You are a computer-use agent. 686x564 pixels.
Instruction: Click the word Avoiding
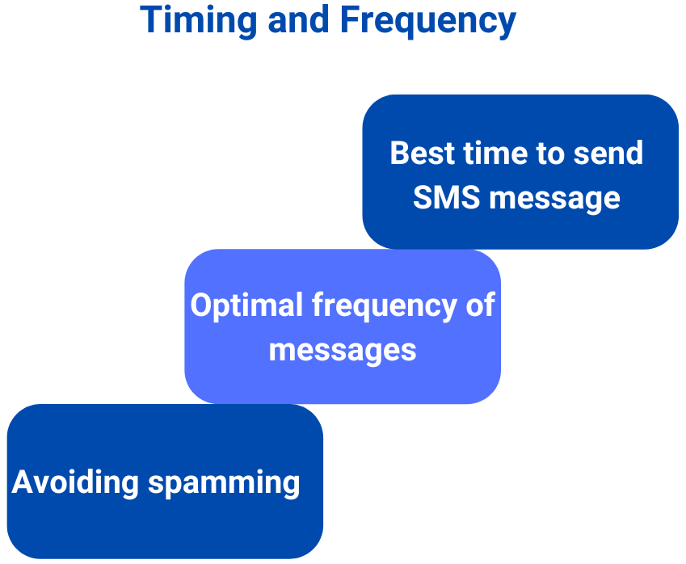coord(75,483)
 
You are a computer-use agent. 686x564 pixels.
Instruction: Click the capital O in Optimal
coord(200,306)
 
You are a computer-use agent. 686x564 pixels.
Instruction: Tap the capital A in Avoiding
coord(22,482)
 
